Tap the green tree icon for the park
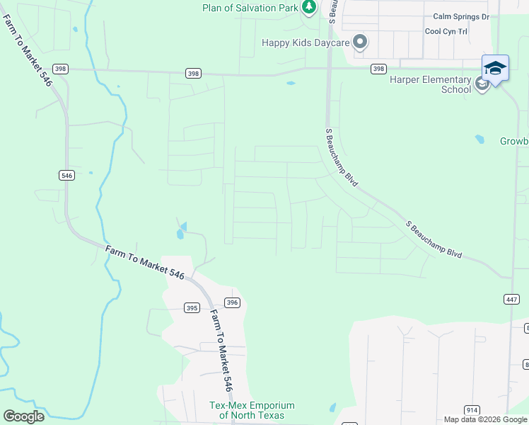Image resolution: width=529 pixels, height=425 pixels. coord(309,7)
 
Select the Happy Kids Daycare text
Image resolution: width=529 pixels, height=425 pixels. coord(306,43)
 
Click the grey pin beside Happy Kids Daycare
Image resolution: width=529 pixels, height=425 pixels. coord(361,42)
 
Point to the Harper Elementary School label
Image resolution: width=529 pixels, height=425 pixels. coord(430,84)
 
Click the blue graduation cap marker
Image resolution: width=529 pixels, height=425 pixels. coord(495,69)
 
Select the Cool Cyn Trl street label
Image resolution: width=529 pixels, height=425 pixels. coord(446,32)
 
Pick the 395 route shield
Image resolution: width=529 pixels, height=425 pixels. coord(191,307)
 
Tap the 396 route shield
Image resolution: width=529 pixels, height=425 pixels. coord(233,302)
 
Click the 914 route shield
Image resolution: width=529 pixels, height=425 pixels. coord(472,410)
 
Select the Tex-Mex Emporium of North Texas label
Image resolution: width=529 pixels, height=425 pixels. coord(252,410)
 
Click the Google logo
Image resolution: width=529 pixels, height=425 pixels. coord(23,416)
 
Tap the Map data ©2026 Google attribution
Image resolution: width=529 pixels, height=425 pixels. coord(485,419)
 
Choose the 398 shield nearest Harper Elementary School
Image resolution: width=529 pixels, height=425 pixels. coord(378,69)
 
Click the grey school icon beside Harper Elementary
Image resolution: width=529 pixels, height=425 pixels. coord(482,85)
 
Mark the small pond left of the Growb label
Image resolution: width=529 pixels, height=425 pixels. coord(480,140)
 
